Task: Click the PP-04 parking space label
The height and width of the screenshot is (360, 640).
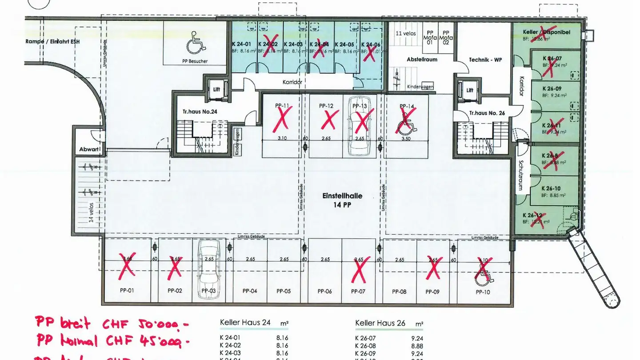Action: (250, 292)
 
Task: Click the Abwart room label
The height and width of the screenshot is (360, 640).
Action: (89, 150)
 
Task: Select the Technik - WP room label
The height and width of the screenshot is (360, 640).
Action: (485, 60)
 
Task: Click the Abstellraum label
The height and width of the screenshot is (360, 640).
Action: (422, 60)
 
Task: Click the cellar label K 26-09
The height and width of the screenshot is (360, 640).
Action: (552, 88)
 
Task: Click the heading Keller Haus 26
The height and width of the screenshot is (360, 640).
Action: (380, 323)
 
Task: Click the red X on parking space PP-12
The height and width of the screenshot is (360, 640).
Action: (329, 120)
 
